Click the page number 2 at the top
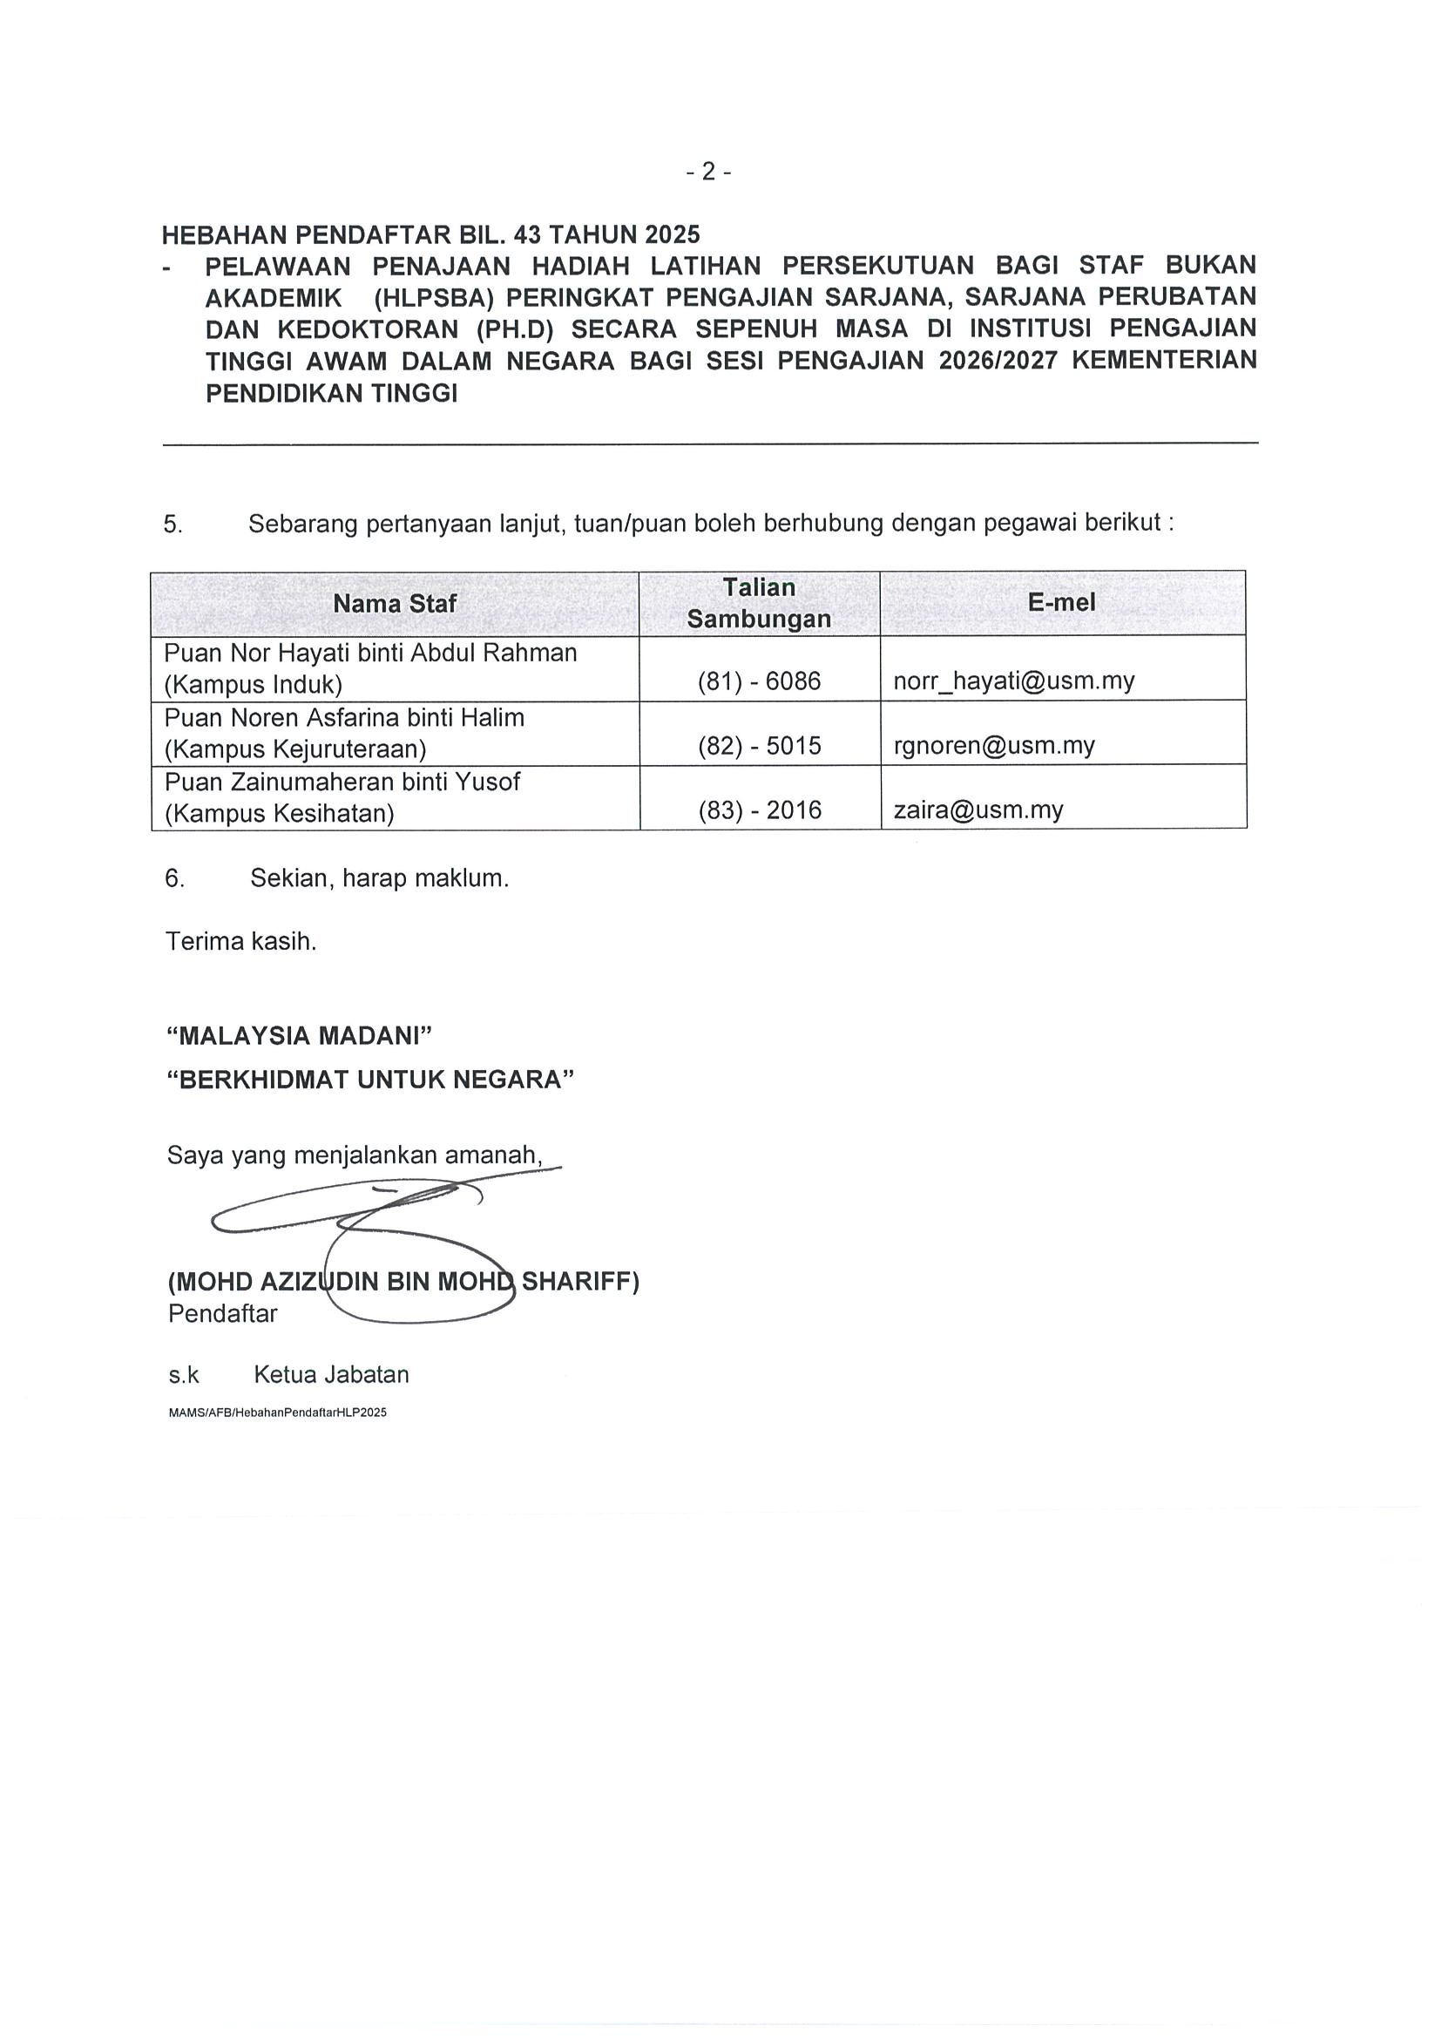tap(708, 172)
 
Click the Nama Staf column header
tap(394, 604)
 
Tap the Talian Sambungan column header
tap(759, 603)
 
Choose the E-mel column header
tap(1061, 602)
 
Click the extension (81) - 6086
tap(759, 681)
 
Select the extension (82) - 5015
tap(759, 745)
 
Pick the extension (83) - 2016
tap(759, 810)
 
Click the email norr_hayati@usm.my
tap(1014, 681)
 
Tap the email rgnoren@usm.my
tap(993, 745)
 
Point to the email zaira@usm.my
tap(978, 810)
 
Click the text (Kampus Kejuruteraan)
tap(295, 749)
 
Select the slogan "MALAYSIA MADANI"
tap(299, 1035)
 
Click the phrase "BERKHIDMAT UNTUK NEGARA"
tap(370, 1080)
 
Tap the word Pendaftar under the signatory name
tap(222, 1313)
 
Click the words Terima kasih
tap(240, 941)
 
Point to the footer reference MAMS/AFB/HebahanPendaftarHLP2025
tap(277, 1412)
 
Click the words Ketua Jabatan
tap(331, 1375)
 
